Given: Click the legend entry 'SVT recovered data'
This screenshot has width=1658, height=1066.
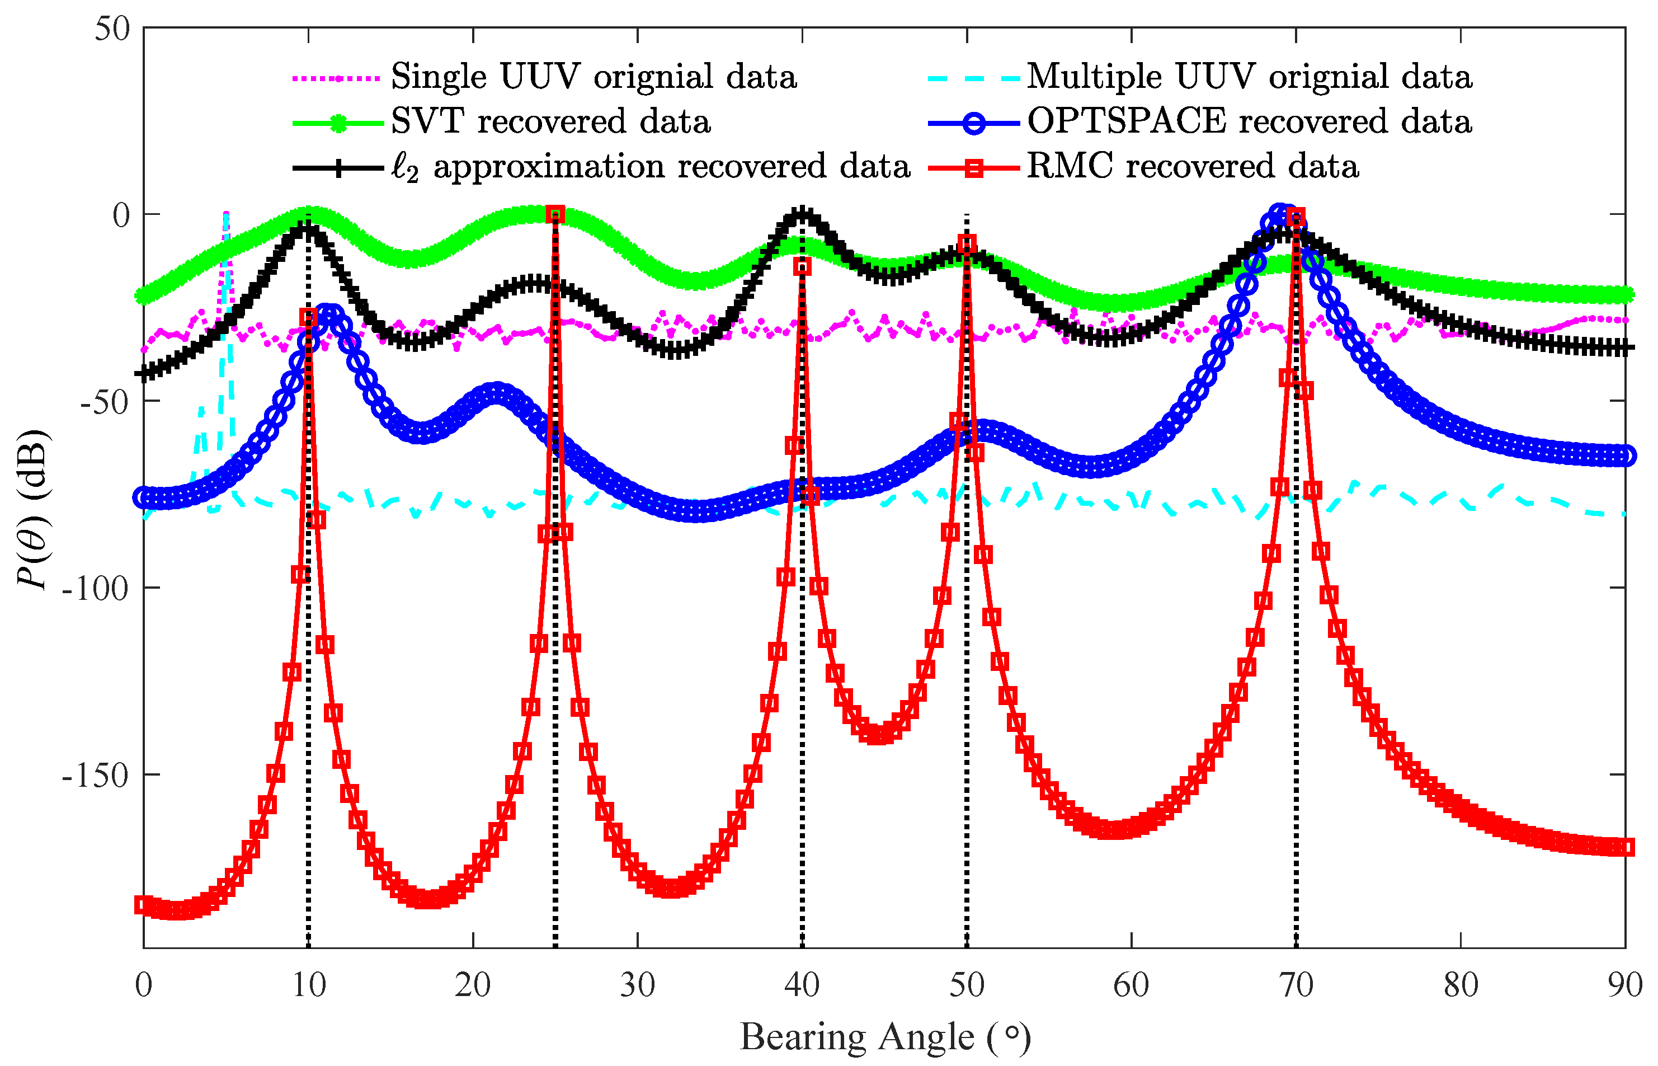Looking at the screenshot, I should click(x=550, y=122).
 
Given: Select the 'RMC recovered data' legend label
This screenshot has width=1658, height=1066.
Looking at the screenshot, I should click(x=1191, y=167).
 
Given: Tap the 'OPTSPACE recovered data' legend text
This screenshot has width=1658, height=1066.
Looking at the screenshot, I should click(x=1249, y=122).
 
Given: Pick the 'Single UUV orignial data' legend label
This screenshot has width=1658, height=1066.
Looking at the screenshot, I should click(x=594, y=77).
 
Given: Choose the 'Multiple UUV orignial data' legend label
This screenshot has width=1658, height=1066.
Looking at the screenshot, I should click(x=1249, y=77).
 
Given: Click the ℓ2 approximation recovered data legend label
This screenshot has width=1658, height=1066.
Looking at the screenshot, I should click(x=651, y=167).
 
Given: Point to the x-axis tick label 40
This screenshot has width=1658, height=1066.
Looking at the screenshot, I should click(x=802, y=985).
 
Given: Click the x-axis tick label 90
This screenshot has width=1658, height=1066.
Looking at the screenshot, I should click(x=1623, y=985).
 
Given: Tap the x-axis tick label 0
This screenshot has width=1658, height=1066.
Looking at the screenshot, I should click(x=143, y=985).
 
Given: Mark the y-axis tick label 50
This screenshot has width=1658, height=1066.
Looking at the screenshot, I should click(x=112, y=29).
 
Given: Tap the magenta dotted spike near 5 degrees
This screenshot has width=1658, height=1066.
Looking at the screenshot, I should click(x=225, y=218).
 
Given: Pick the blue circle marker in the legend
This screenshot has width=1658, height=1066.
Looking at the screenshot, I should click(x=974, y=123).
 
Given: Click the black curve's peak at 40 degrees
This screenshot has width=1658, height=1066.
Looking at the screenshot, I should click(x=802, y=213).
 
